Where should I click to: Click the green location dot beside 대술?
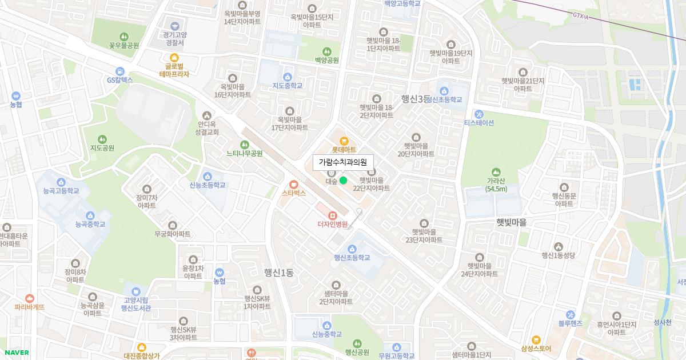(343, 181)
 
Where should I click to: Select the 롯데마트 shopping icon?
(344, 141)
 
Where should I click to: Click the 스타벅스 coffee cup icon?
(294, 184)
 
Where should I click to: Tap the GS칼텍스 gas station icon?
(119, 71)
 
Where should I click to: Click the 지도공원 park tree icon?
(102, 139)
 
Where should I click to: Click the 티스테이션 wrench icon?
(478, 114)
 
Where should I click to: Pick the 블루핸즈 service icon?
(570, 315)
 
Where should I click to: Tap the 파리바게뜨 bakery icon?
(30, 298)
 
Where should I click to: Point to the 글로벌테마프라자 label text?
(174, 70)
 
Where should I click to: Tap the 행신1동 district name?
(278, 273)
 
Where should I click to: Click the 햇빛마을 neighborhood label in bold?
(511, 222)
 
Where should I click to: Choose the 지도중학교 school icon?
(288, 77)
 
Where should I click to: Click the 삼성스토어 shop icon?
(536, 339)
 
